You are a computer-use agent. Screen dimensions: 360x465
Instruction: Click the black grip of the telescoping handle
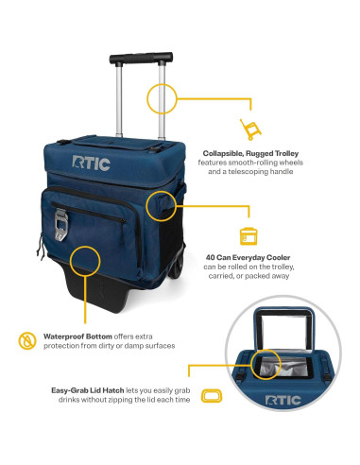click(141, 58)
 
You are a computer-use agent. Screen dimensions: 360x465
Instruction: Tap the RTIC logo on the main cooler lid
click(91, 164)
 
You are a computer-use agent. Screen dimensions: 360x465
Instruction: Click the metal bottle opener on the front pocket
click(60, 224)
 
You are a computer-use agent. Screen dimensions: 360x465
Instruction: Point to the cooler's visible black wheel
click(177, 267)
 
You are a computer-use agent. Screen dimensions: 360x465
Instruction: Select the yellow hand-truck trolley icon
click(250, 129)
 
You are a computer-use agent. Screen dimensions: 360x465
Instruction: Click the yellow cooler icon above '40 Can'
click(249, 236)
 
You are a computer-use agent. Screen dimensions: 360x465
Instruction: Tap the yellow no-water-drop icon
click(27, 340)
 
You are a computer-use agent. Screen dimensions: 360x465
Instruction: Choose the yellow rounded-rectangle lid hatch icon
click(212, 396)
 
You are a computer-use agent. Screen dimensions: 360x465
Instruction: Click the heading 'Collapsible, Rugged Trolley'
click(250, 153)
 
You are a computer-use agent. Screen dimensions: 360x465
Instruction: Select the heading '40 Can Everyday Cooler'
click(248, 257)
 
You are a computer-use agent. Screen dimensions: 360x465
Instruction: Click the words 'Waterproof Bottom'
click(77, 336)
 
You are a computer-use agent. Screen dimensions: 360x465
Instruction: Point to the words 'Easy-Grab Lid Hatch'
click(88, 390)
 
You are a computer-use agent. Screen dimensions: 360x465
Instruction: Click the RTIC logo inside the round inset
click(283, 401)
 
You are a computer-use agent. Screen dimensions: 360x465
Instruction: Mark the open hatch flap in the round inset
click(284, 329)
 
